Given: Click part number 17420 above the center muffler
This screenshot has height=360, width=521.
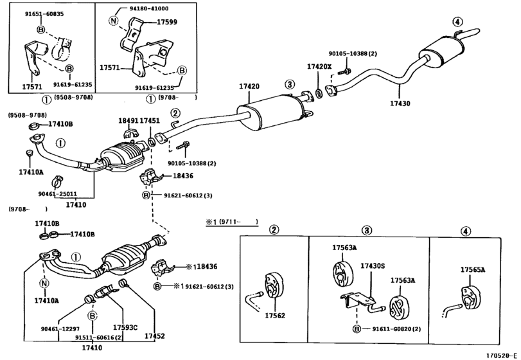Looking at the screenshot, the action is (x=249, y=86).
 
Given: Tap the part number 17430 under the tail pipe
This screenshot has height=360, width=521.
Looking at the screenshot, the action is (x=400, y=104).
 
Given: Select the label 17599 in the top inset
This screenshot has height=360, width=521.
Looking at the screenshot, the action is (x=167, y=22).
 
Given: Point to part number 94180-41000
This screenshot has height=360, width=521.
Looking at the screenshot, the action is (x=149, y=8).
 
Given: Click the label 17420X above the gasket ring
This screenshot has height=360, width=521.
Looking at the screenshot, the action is (x=319, y=66).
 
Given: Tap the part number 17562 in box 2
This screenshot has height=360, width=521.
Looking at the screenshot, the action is (x=275, y=316).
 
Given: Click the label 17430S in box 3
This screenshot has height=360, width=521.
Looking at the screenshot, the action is (x=373, y=266).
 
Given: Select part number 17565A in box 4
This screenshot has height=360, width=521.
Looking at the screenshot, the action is (x=472, y=269).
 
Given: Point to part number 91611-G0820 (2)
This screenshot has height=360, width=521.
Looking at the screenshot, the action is (x=396, y=329).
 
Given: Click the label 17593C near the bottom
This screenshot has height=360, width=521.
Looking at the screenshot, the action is (x=125, y=327).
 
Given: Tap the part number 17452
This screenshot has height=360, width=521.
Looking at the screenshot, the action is (x=155, y=336).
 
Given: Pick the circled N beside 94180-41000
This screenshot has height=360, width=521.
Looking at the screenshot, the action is (x=113, y=21).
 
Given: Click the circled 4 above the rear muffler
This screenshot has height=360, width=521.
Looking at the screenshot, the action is (x=457, y=22).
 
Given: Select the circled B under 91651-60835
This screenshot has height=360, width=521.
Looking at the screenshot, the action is (x=40, y=30).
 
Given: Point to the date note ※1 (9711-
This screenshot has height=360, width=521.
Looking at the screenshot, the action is (x=232, y=222).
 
